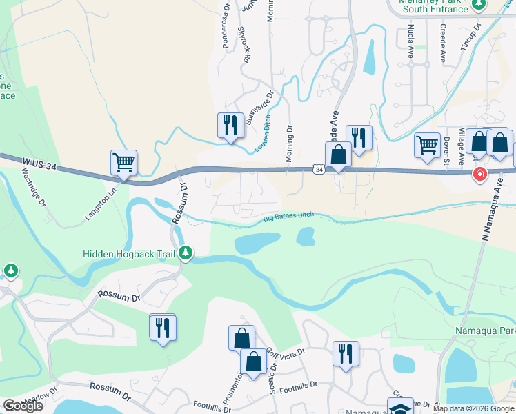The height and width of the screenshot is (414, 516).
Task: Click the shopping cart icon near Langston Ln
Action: [123, 163]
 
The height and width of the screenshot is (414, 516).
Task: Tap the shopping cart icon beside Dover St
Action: [427, 146]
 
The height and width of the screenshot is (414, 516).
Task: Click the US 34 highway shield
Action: [317, 169]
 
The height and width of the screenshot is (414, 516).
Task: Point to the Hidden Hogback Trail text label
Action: [129, 254]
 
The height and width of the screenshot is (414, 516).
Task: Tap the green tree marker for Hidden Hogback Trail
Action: [186, 253]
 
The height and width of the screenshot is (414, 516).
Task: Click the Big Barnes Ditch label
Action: [288, 217]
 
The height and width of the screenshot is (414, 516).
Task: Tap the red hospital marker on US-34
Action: [479, 174]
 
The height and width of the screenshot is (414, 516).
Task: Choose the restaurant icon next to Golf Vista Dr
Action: [345, 353]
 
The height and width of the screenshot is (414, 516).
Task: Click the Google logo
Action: [23, 406]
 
